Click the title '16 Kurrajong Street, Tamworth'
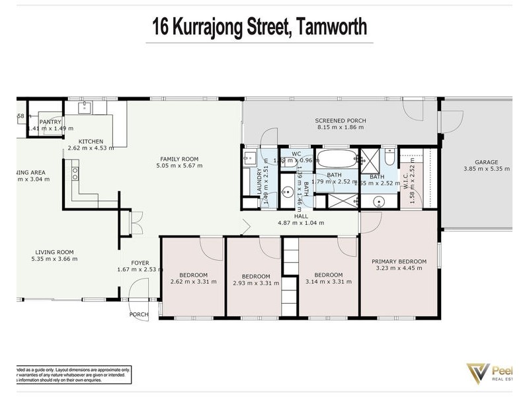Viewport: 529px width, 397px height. (259, 27)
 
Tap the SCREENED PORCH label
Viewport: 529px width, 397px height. (341, 120)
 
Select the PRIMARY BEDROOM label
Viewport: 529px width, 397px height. (399, 261)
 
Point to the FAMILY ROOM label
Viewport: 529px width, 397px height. (179, 159)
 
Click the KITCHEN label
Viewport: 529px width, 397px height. (91, 141)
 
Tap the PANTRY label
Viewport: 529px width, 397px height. (50, 122)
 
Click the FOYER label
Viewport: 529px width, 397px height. (140, 262)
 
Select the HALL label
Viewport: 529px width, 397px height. (301, 216)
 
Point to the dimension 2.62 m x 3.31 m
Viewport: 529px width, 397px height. (193, 283)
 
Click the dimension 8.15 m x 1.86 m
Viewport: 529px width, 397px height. (341, 128)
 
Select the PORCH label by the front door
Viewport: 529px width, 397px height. (139, 314)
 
